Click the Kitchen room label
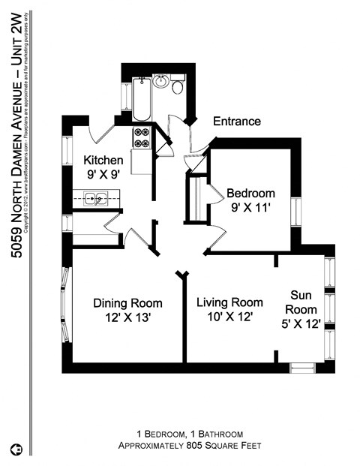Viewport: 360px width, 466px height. click(102, 160)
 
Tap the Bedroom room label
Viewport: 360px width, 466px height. click(250, 193)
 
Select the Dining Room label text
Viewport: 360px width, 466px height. click(127, 303)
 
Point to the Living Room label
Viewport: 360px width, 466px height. click(229, 302)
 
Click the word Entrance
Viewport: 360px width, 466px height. click(237, 121)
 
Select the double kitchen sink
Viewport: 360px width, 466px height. click(94, 199)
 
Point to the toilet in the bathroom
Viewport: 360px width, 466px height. click(177, 87)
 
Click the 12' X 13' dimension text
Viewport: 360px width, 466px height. click(127, 317)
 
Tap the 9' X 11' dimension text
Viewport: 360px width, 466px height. click(250, 207)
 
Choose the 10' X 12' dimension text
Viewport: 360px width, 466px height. click(229, 317)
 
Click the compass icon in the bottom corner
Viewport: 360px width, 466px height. click(16, 449)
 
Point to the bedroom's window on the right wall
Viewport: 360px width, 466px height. click(296, 208)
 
